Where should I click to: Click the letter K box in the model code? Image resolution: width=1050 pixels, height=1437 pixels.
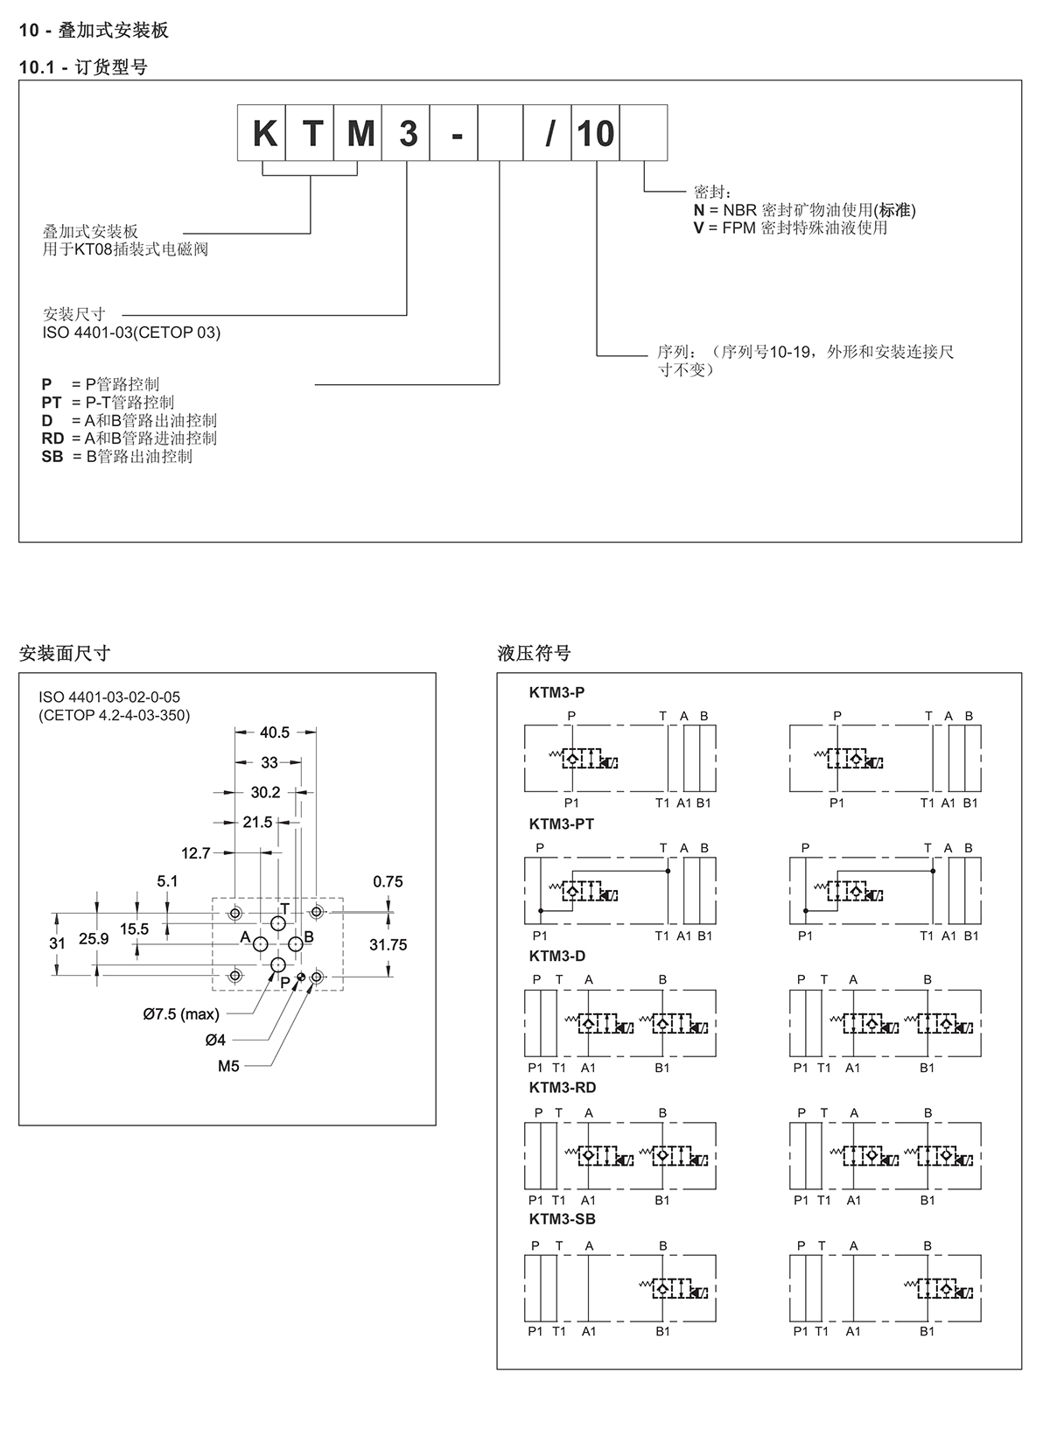coord(262,133)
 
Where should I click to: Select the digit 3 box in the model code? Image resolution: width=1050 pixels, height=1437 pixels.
coord(405,133)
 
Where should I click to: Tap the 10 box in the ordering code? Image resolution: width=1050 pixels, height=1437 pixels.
coord(595,133)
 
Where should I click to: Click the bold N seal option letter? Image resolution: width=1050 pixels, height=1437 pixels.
coord(698,210)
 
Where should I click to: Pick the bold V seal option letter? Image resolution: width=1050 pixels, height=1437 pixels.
coord(698,228)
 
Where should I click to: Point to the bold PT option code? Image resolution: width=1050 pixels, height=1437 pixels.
coord(52,403)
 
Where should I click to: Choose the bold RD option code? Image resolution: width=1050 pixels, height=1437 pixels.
coord(52,438)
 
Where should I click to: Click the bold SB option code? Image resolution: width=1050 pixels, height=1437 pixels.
coord(52,457)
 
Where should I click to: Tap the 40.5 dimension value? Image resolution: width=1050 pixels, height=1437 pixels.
coord(275,733)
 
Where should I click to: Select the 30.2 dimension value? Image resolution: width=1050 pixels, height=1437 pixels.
coord(265,793)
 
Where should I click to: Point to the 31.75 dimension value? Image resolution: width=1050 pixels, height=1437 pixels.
coord(388,945)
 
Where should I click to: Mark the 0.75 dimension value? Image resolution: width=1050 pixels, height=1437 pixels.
coord(388,882)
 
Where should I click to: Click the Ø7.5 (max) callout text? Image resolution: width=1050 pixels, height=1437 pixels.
coord(181,1014)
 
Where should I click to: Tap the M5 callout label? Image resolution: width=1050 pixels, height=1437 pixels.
coord(228,1066)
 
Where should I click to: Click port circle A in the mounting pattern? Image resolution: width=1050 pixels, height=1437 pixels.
coord(261,944)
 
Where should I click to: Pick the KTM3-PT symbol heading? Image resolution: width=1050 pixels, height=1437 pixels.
coord(561,824)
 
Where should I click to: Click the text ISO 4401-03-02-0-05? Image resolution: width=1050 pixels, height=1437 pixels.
coord(109,697)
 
